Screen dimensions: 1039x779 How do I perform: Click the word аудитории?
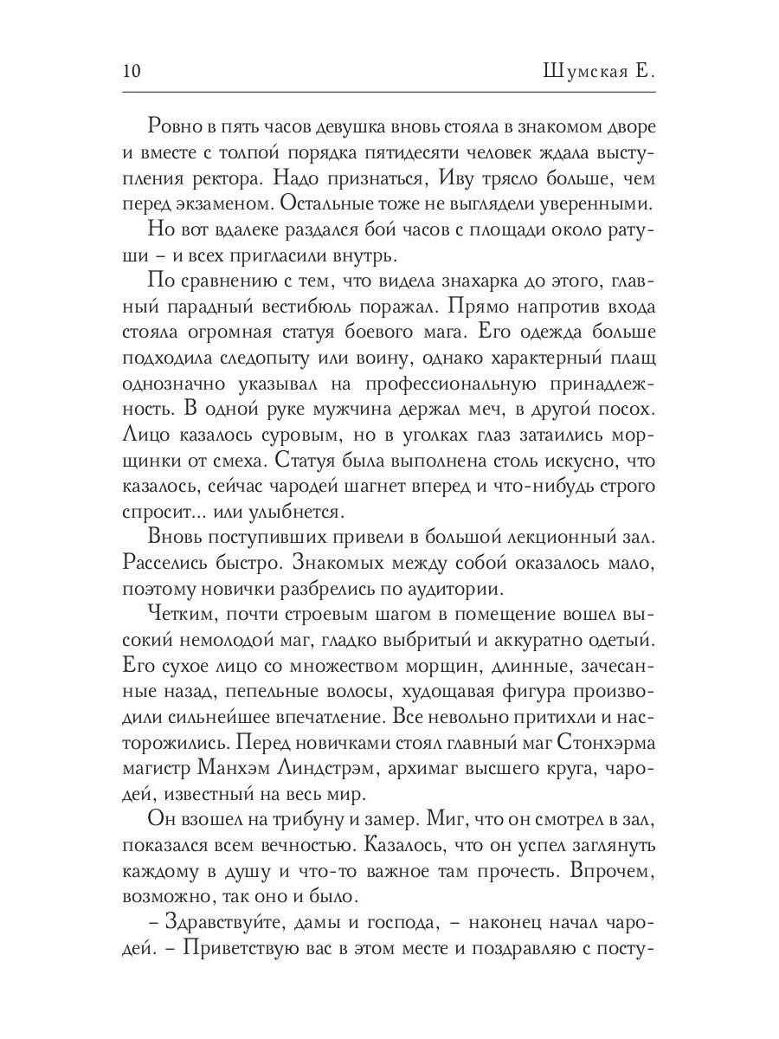(455, 588)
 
